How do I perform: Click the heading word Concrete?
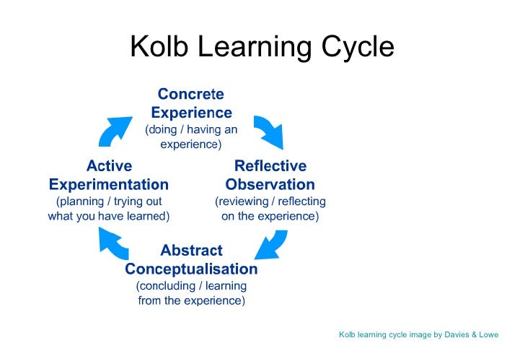pos(191,94)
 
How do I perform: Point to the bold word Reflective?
pos(270,165)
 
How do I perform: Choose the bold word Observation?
pos(270,184)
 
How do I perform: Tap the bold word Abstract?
pos(192,250)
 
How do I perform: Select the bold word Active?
pos(109,165)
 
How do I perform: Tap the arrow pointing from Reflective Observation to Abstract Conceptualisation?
pos(272,245)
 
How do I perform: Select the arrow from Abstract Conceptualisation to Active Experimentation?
pos(113,242)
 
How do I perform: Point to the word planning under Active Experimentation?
pos(80,201)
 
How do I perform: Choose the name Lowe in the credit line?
pos(489,334)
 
